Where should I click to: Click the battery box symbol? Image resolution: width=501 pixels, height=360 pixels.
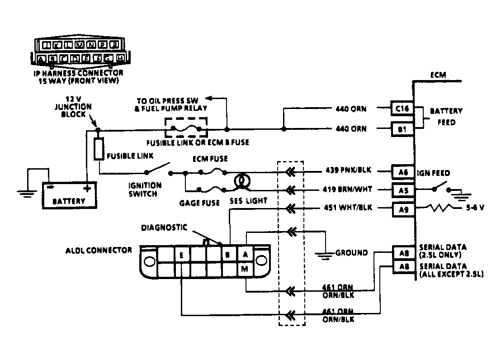pos(70,194)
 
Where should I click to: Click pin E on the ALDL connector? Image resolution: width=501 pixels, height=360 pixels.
pos(181,255)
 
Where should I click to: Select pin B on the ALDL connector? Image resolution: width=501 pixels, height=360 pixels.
pos(229,255)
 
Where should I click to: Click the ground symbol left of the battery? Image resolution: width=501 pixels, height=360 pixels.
pos(28,193)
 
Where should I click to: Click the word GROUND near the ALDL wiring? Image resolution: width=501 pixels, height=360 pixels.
pos(351,253)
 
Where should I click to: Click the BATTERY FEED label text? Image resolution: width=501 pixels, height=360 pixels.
pos(446,116)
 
